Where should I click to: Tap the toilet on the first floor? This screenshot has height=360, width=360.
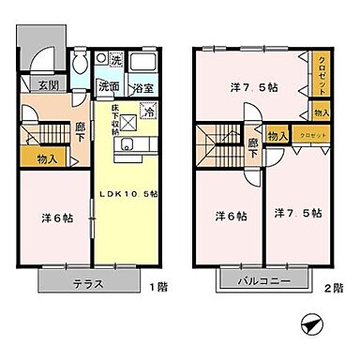[x=82, y=65]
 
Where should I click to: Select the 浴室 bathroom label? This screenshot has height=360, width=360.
[x=144, y=86]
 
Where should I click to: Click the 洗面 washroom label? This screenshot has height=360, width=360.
[x=109, y=86]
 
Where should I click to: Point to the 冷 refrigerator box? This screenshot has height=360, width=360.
[x=147, y=109]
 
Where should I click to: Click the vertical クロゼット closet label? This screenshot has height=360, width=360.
[x=322, y=72]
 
